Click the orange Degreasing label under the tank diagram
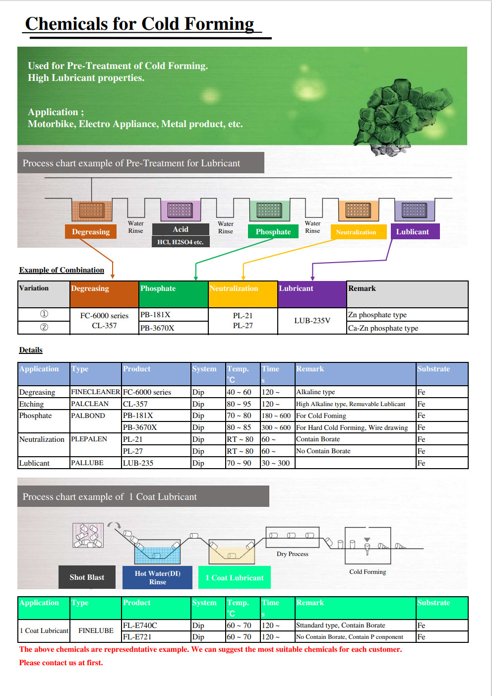click(x=91, y=231)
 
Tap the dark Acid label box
click(x=181, y=229)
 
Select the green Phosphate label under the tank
click(x=273, y=231)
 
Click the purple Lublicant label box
click(x=415, y=231)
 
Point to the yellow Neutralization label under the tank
click(x=359, y=232)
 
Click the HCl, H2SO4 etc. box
click(x=181, y=242)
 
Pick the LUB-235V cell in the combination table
click(x=312, y=321)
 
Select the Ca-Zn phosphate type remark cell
click(x=407, y=328)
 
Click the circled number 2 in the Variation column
click(x=44, y=327)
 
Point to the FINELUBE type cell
click(x=96, y=630)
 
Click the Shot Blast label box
click(x=87, y=577)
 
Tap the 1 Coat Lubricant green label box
click(x=235, y=577)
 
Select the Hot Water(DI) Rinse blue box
click(x=157, y=577)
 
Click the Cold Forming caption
click(x=368, y=572)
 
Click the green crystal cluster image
click(x=403, y=117)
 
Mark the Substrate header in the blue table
click(x=433, y=369)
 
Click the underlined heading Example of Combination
click(x=61, y=270)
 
